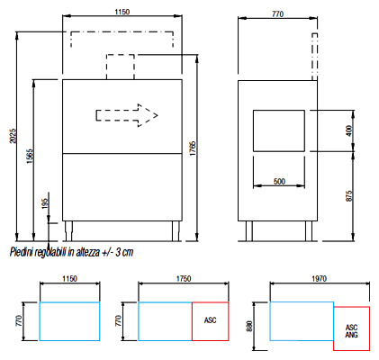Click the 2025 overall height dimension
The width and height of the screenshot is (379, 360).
coord(13,136)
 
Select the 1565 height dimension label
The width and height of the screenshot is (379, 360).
coord(30,156)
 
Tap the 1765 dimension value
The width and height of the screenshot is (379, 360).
coord(193,148)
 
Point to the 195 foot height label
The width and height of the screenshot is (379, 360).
coord(45,203)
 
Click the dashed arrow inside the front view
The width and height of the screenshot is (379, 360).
coord(127,115)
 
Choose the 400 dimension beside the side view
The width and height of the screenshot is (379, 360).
coord(349,130)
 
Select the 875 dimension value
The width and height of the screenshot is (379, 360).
coord(349,196)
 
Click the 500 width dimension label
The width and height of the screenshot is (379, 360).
coord(279,182)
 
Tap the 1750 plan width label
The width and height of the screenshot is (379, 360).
coord(184,279)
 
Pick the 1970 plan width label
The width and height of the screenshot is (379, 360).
coord(319,279)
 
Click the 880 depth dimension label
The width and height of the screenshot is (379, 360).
coord(249,326)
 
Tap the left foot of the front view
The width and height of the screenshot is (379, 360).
coord(68,231)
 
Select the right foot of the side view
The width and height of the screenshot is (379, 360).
coord(309,231)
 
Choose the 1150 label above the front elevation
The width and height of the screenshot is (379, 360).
coord(122,12)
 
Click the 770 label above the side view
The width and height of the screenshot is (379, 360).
coord(277,14)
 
